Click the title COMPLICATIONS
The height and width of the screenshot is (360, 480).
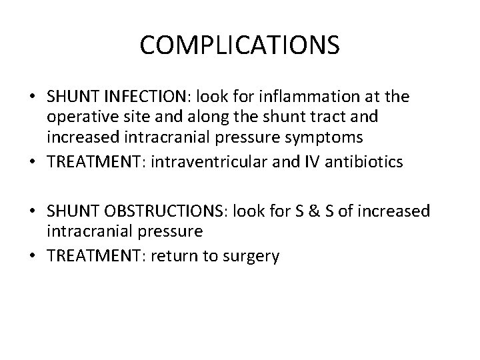click(240, 45)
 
